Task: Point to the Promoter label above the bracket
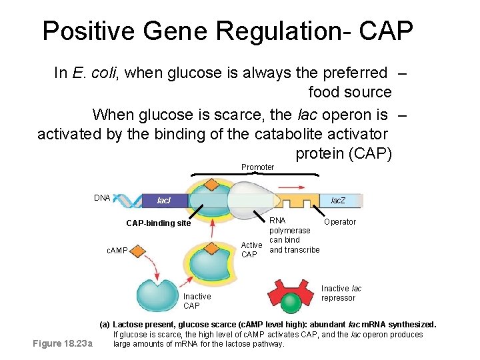257,167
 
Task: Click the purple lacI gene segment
164,200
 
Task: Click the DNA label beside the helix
102,198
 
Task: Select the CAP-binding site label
158,223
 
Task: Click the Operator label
340,221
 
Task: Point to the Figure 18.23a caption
63,344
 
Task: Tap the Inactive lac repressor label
341,293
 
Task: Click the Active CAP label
251,250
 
